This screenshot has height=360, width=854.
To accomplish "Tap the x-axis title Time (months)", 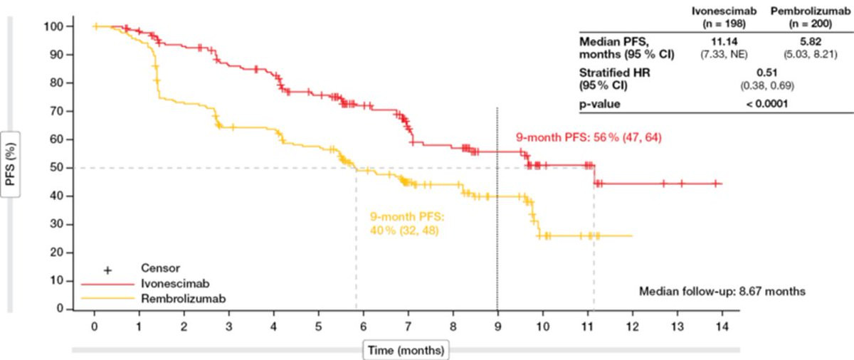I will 405,349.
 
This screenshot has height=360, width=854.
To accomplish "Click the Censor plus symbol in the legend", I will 108,270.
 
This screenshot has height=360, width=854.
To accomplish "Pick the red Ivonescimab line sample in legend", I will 107,283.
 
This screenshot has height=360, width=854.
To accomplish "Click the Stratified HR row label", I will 610,73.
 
